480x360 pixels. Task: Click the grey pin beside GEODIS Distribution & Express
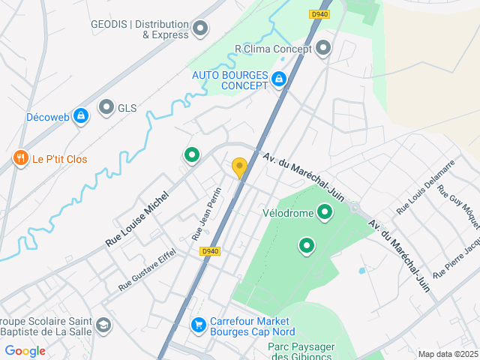(200, 29)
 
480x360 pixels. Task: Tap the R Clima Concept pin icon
(324, 49)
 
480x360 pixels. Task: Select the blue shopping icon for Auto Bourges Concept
(279, 79)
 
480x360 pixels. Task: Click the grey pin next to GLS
(106, 108)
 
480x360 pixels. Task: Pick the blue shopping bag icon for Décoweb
(81, 116)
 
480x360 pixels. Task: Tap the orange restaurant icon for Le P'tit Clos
(19, 158)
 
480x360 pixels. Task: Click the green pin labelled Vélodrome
(325, 212)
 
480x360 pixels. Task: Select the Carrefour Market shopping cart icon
(199, 325)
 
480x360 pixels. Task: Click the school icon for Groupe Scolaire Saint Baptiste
(103, 325)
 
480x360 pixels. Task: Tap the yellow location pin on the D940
(239, 168)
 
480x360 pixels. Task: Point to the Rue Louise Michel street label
(137, 218)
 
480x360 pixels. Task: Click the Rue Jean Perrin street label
(207, 213)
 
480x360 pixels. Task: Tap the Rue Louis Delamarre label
(425, 187)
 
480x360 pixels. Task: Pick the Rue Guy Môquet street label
(458, 207)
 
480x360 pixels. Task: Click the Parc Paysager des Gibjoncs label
(301, 351)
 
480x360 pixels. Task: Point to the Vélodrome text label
(287, 212)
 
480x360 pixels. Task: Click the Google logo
(25, 351)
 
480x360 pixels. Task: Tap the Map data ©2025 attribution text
(448, 354)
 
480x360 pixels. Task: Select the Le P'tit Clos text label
(60, 159)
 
